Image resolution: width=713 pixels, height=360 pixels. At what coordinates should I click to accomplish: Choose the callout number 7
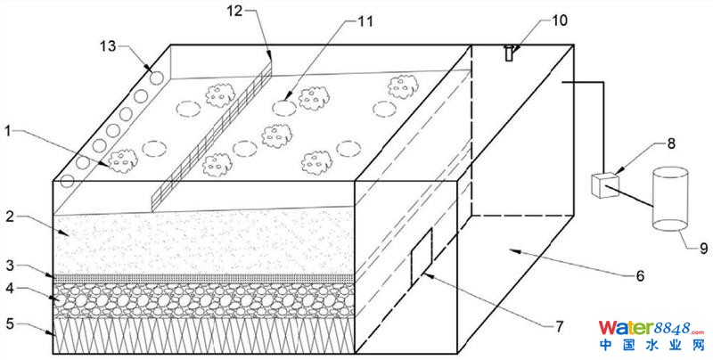(559, 326)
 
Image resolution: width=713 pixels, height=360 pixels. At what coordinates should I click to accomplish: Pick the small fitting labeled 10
(508, 53)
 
